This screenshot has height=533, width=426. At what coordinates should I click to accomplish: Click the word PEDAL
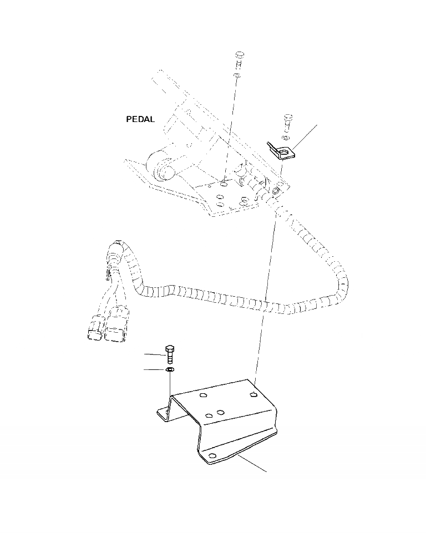click(x=140, y=119)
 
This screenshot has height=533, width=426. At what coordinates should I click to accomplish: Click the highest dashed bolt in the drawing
click(x=239, y=57)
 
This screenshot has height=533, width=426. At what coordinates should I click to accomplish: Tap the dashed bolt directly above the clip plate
click(x=287, y=120)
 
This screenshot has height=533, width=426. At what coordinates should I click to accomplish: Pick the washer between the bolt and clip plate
click(x=285, y=137)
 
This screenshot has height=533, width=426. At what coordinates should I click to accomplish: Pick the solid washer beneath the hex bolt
click(x=170, y=369)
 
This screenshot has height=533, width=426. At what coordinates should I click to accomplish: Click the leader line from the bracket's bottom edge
click(x=254, y=465)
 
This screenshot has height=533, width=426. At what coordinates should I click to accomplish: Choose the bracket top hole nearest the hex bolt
click(x=203, y=395)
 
